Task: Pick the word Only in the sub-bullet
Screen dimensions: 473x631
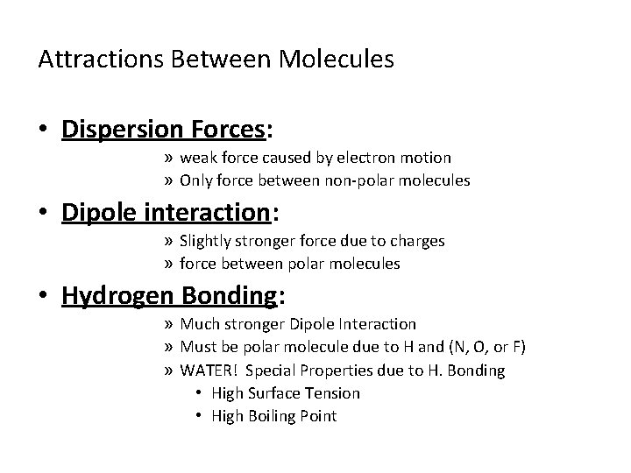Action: click(195, 180)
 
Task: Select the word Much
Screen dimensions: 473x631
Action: click(198, 324)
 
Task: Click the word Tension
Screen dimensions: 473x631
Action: click(332, 392)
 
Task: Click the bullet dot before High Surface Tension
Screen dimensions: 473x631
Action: click(200, 393)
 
